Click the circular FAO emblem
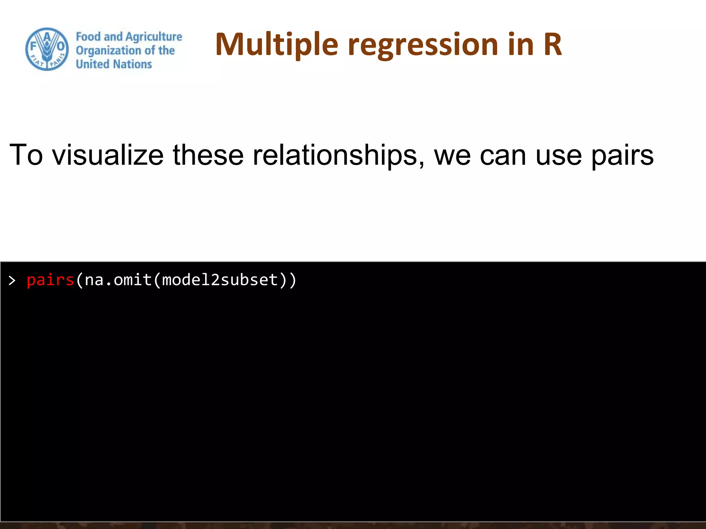coord(47,49)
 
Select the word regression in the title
coord(423,45)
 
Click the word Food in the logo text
coord(88,37)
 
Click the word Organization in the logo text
coord(108,51)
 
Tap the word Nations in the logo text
coord(132,64)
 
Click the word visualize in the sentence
coord(108,155)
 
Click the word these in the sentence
coord(208,155)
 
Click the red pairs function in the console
coord(50,280)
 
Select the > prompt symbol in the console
coord(12,281)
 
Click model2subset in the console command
coord(220,280)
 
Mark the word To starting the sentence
coord(26,155)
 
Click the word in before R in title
coord(521,44)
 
